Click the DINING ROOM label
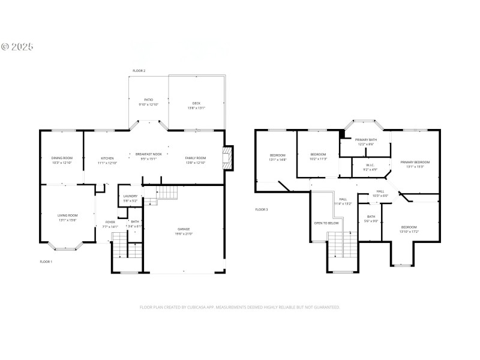(62, 159)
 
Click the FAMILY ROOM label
(195, 159)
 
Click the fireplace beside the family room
(227, 157)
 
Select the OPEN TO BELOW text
(326, 223)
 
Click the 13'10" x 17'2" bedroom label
(409, 229)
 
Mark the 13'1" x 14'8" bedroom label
(278, 157)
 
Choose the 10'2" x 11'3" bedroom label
(318, 156)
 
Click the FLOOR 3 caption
(261, 209)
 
